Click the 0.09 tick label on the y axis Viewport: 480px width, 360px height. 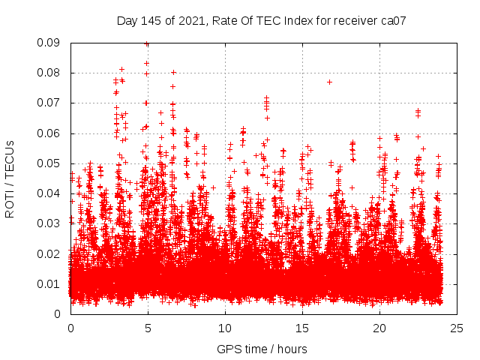pyautogui.click(x=49, y=43)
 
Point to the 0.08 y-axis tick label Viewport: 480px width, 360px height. pyautogui.click(x=49, y=73)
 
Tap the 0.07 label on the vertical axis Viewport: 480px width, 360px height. pyautogui.click(x=49, y=103)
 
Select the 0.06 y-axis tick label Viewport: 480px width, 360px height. pyautogui.click(x=49, y=133)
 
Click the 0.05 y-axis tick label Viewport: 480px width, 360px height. pyautogui.click(x=49, y=163)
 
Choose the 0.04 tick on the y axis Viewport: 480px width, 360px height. pyautogui.click(x=49, y=193)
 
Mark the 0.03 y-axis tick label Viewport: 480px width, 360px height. pyautogui.click(x=49, y=223)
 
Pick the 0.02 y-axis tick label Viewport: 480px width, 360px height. pyautogui.click(x=49, y=253)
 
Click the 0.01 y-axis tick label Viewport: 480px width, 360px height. pyautogui.click(x=49, y=283)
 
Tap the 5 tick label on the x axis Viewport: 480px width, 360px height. pyautogui.click(x=148, y=328)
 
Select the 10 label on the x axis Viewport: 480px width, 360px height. pyautogui.click(x=225, y=328)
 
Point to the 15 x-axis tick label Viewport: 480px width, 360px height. pyautogui.click(x=302, y=328)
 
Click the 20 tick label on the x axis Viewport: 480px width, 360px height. pyautogui.click(x=379, y=328)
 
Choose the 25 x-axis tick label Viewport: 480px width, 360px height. pyautogui.click(x=457, y=328)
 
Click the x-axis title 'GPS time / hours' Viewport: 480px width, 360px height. pyautogui.click(x=262, y=349)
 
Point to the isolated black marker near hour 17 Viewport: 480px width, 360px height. pyautogui.click(x=329, y=82)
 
